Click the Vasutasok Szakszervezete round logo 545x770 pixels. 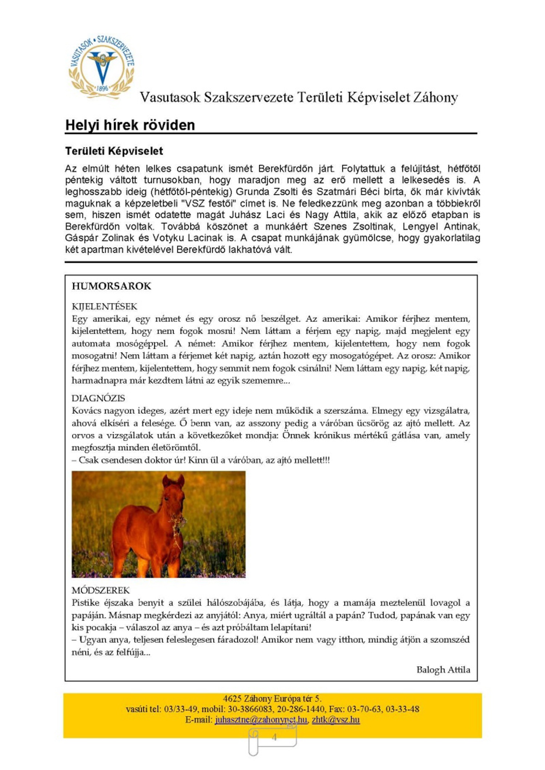(x=102, y=68)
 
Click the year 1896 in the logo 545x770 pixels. (x=102, y=89)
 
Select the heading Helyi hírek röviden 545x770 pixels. (x=130, y=125)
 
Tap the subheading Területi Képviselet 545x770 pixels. (x=114, y=151)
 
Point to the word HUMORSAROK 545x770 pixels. (x=111, y=286)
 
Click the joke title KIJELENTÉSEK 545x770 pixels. (x=104, y=306)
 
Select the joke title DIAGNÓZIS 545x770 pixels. (x=98, y=398)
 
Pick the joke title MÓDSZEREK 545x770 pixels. (x=101, y=590)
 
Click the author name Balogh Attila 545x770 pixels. (x=443, y=670)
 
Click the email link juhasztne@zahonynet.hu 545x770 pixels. (x=261, y=719)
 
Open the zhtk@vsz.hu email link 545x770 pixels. (x=336, y=719)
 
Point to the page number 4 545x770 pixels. (x=274, y=737)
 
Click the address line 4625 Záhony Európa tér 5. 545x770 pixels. (x=272, y=698)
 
